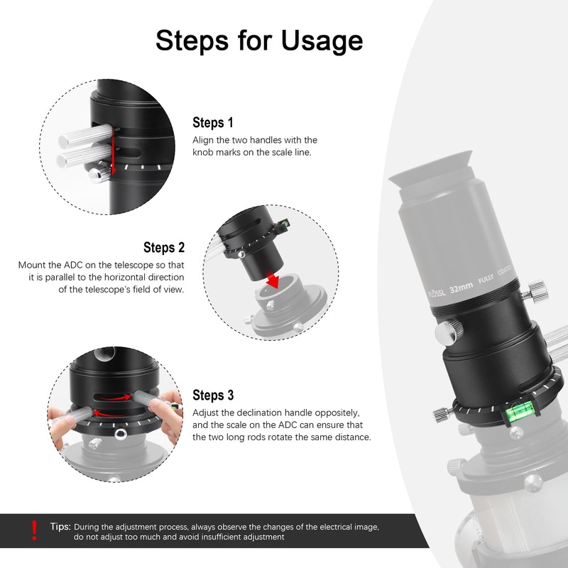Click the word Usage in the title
tap(322, 40)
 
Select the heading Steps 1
tap(212, 122)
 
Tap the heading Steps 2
tap(164, 247)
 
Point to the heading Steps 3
tap(213, 395)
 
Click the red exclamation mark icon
tap(34, 530)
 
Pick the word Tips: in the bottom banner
tap(60, 526)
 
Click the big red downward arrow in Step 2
tap(274, 280)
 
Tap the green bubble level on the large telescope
tap(519, 413)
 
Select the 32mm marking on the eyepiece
tap(461, 288)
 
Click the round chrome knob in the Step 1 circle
tap(99, 175)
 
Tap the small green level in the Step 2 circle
tap(285, 223)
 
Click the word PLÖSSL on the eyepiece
tap(437, 293)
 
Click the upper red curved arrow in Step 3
tap(115, 398)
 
